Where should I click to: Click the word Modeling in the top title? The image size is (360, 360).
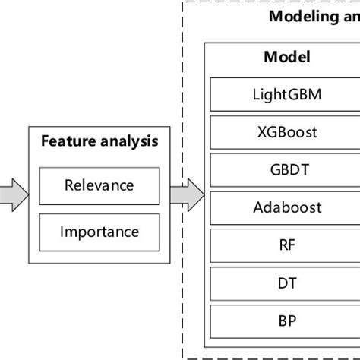(301, 16)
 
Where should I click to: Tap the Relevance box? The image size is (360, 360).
(99, 185)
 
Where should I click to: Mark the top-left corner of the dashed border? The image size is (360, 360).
(183, 2)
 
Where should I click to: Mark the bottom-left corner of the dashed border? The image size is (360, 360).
(183, 357)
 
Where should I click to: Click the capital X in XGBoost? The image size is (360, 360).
(262, 132)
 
